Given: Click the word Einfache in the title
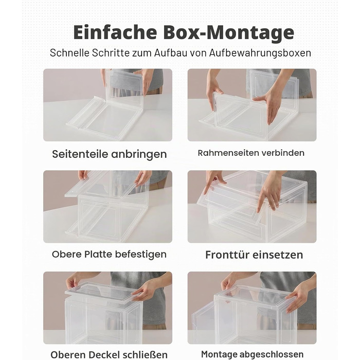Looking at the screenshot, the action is click(115, 32).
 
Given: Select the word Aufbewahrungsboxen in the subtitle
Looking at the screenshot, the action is click(260, 53).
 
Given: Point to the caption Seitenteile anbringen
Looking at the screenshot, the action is click(109, 154).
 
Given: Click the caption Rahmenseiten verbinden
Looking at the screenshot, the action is click(251, 153).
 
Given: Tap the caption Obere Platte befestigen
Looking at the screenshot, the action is click(109, 254).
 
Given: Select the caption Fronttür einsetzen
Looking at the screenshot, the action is click(254, 255).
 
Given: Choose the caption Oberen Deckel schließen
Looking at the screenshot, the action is click(109, 355).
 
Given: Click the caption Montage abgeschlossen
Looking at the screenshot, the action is click(252, 354).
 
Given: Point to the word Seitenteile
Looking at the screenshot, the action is click(80, 154).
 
